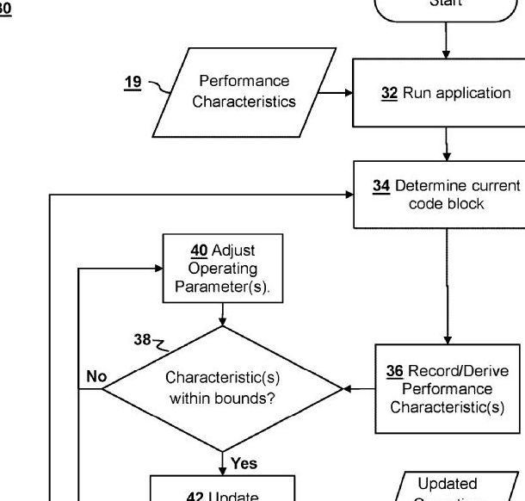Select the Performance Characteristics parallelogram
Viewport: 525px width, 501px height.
coord(244,92)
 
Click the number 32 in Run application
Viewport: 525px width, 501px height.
coord(388,93)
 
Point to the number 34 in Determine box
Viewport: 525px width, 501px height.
coord(381,186)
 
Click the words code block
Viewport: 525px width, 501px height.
coord(446,204)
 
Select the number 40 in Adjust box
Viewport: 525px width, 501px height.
coord(197,251)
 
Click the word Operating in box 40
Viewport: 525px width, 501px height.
coord(222,269)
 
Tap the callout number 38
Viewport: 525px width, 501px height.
coord(143,339)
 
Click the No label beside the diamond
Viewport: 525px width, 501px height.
coord(96,375)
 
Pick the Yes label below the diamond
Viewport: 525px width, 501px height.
coord(244,463)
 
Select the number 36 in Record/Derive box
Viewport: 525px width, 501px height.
coord(394,371)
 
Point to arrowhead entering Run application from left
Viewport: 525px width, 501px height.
coord(349,92)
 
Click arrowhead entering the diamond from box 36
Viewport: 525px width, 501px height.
coord(347,389)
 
